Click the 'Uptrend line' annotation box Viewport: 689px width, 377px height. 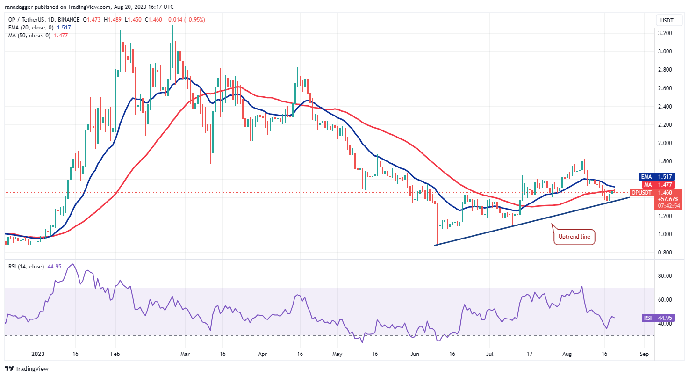(574, 237)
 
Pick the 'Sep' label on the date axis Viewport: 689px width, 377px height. (644, 354)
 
